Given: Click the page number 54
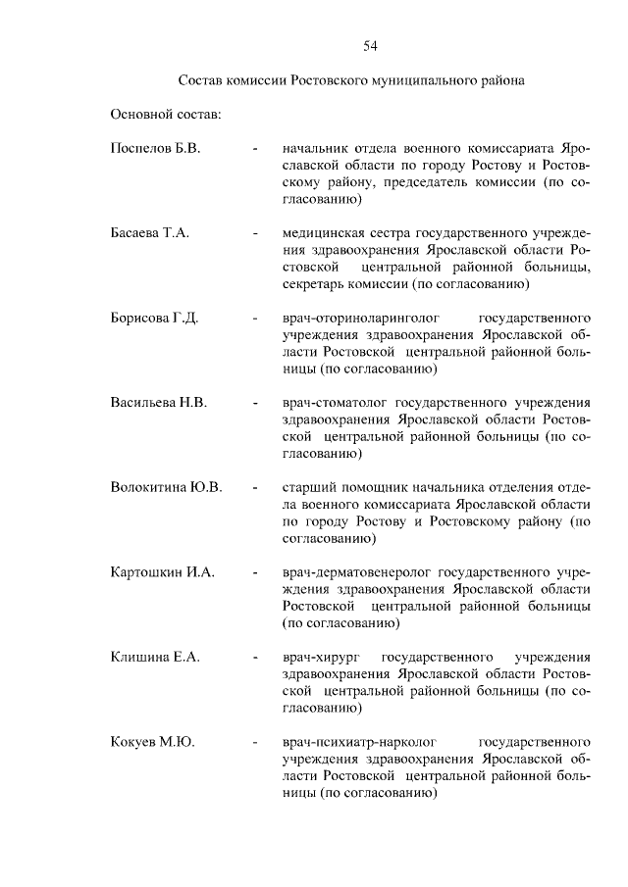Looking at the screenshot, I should coord(370,46).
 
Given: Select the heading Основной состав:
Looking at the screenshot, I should coord(166,115).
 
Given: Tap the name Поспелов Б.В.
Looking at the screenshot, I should coord(155,149).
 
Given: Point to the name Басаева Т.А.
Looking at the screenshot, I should coord(150,233).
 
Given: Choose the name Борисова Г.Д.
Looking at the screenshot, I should coord(155,319).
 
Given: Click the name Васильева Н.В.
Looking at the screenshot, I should coord(159,403).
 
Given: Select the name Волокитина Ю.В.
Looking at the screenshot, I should coord(167,487).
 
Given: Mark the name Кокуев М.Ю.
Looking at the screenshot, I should coord(152,741).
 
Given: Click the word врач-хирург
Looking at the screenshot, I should coord(322,656).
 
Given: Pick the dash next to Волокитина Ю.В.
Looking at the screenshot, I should coord(255,487).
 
